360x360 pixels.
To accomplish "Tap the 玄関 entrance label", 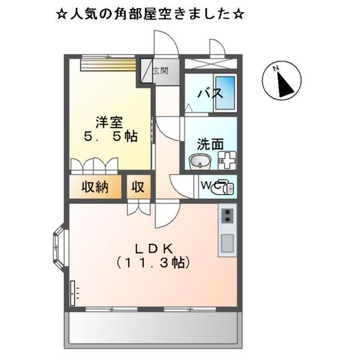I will click(160, 71).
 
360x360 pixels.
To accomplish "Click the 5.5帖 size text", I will click(110, 136).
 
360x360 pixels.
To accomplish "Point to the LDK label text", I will click(154, 248).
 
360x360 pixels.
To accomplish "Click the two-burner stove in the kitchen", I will click(226, 218).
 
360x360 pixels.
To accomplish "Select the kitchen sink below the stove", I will click(226, 241).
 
